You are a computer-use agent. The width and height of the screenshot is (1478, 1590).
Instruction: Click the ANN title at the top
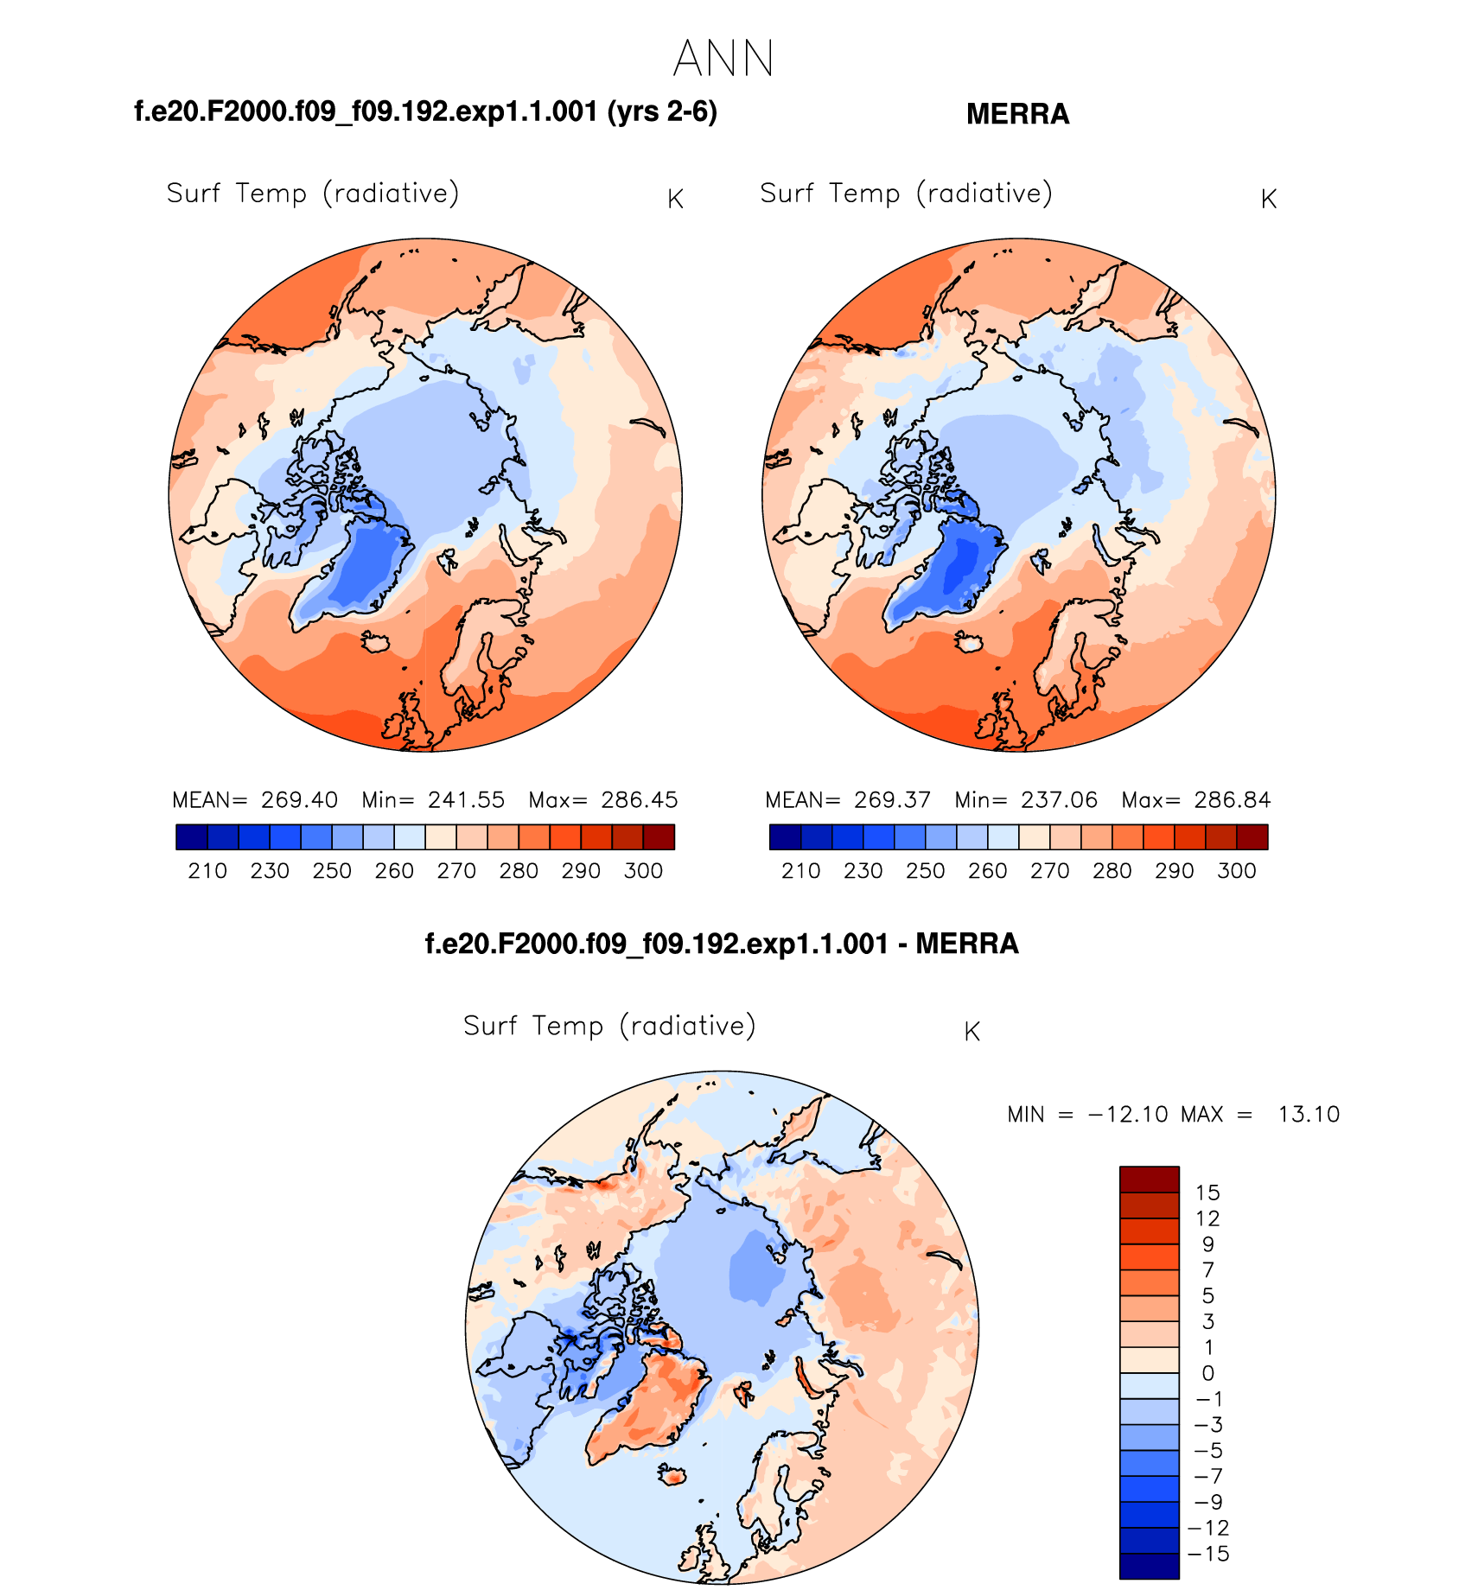click(x=723, y=59)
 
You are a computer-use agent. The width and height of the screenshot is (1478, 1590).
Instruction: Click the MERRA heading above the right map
click(x=1017, y=114)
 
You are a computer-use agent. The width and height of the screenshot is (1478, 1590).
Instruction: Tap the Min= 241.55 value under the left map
click(x=433, y=800)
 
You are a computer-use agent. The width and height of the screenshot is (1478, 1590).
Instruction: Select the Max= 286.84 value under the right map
click(x=1196, y=800)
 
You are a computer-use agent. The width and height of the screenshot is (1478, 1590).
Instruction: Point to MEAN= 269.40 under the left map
click(x=255, y=800)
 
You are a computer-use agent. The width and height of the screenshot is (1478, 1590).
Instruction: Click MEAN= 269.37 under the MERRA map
click(x=848, y=800)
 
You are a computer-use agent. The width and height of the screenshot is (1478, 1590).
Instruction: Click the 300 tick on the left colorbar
click(x=643, y=871)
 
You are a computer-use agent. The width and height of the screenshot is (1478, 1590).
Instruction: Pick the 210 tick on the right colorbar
click(x=800, y=871)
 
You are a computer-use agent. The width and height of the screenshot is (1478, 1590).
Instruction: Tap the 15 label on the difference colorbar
click(x=1207, y=1193)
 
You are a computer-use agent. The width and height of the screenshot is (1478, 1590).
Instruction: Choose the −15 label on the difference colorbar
click(x=1208, y=1554)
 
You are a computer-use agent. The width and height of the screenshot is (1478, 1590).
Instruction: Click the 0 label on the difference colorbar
click(x=1208, y=1373)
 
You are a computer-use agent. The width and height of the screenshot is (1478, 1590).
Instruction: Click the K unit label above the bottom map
click(x=972, y=1032)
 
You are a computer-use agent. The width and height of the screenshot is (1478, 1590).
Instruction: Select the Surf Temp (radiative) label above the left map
click(x=312, y=194)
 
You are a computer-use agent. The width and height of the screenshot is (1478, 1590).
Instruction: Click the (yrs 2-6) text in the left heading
click(x=662, y=111)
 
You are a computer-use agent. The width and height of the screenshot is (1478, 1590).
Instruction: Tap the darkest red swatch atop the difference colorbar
click(x=1149, y=1180)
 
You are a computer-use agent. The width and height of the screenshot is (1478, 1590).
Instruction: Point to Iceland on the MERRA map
click(x=970, y=641)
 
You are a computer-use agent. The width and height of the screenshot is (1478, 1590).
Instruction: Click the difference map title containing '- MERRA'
click(x=722, y=944)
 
